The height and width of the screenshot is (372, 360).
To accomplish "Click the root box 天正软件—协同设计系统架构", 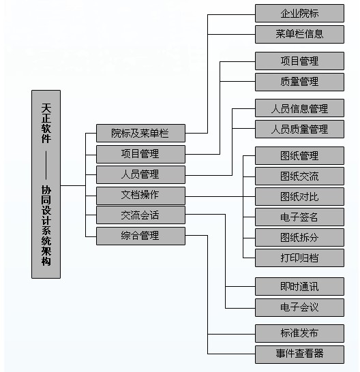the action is coord(46,184).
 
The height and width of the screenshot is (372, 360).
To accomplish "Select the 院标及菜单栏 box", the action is coord(140,133).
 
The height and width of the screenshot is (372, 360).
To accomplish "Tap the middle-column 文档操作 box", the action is coord(140,196).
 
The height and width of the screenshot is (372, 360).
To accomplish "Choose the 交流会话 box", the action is coord(140,215).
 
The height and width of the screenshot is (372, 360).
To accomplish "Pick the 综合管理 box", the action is coord(140,236).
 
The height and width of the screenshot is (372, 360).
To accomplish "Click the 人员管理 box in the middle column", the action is coord(140,175).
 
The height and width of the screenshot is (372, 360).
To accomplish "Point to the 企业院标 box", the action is coord(299,14).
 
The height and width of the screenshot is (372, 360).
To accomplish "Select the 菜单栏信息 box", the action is coord(299,34).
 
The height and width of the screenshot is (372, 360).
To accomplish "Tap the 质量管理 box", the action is coord(299,82).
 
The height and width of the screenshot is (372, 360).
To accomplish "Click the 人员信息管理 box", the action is coord(299,108).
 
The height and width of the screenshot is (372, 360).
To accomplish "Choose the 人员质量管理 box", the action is coord(299,129).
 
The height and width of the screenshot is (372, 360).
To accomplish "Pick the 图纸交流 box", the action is coord(299,176).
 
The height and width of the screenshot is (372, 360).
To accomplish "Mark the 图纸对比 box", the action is coord(299,196).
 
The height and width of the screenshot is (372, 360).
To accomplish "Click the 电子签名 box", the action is coord(299,217).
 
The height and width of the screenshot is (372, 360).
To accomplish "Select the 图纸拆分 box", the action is coord(299,238).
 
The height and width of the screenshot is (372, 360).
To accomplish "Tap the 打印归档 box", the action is coord(299,258).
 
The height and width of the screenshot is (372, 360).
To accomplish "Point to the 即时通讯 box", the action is coord(299,286).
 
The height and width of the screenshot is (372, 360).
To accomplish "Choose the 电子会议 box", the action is coord(299,307).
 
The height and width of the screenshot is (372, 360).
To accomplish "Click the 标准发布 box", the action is coord(299,333).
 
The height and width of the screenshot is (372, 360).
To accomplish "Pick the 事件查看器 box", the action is coord(299,354).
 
